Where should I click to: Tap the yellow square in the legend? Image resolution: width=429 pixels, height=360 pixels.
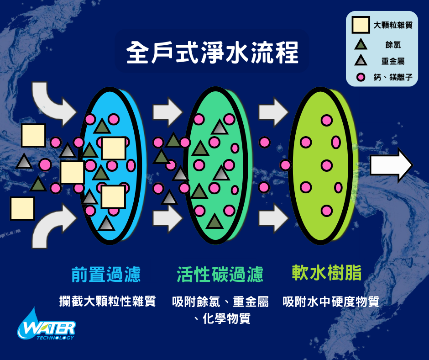point(361,25)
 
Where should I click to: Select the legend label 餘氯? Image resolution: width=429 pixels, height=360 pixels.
point(393,45)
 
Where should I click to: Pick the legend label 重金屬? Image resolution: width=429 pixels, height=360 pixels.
point(393,61)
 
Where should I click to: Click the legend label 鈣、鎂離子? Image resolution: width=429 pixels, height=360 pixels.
point(393,78)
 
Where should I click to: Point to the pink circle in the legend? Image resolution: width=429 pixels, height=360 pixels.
point(361,77)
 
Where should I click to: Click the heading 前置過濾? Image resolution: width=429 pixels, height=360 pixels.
point(106,274)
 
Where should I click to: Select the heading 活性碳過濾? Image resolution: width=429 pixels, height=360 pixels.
point(220,274)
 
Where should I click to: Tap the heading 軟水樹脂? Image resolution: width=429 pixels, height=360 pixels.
point(327,273)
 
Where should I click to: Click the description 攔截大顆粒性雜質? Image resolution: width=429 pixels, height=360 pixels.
point(108,302)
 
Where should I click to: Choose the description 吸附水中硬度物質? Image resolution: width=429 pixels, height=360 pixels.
point(331,302)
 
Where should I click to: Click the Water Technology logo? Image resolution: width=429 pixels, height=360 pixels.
point(46,325)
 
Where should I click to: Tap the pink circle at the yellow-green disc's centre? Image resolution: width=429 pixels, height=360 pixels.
point(326,165)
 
